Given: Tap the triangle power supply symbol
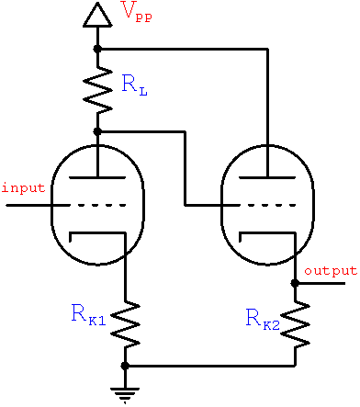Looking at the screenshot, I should point(96,15).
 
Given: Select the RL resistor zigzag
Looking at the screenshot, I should point(96,89).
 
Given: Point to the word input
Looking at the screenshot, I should point(23,188).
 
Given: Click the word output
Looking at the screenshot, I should point(331,271).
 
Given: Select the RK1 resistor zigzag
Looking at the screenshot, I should point(125,322).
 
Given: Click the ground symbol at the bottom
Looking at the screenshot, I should point(125,392).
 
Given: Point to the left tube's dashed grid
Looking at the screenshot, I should point(96,204).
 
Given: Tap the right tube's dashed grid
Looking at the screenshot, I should point(265,204).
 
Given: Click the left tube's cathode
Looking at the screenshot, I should point(96,235).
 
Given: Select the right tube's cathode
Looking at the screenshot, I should point(265,235).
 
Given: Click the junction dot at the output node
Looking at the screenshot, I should point(295,284).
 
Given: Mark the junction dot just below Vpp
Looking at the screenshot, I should point(96,48).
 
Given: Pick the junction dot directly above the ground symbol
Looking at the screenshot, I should point(125,366).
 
